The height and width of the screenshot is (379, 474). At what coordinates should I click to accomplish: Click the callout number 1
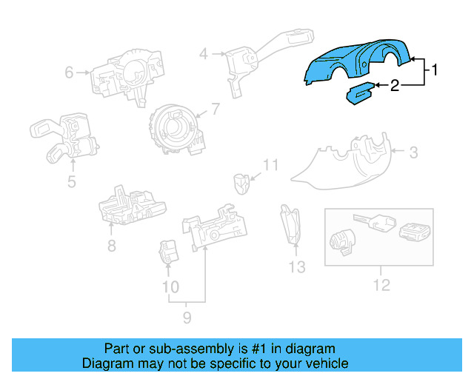[435, 70]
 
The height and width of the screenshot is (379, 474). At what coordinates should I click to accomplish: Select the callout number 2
[395, 86]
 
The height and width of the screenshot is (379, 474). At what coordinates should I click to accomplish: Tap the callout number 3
[414, 153]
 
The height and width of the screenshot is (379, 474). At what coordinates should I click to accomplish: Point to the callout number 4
[203, 53]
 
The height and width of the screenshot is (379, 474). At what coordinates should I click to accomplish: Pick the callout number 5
[72, 181]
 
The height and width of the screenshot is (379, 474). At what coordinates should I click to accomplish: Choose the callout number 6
[70, 73]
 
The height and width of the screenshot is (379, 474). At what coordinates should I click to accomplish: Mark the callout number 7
[216, 110]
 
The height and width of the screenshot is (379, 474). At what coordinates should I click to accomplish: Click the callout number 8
[111, 246]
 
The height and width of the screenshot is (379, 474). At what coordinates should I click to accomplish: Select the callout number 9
[187, 318]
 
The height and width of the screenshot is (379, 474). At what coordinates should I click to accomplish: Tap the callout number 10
[170, 286]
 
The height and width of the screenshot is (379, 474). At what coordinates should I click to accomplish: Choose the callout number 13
[296, 267]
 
